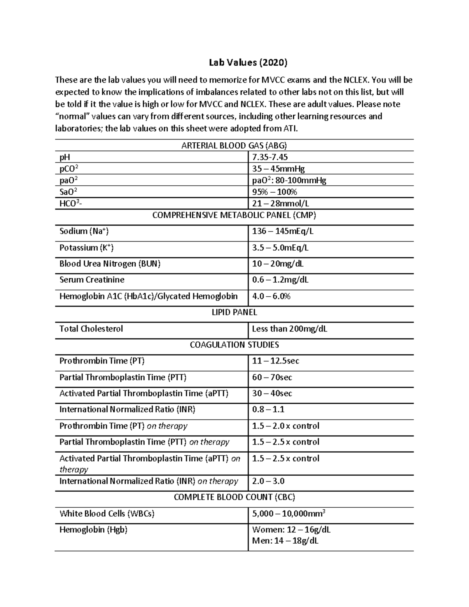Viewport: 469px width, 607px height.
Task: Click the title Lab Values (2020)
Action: point(248,63)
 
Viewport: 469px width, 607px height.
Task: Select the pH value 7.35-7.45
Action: point(270,157)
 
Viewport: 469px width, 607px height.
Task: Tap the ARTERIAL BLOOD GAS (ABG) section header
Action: point(234,146)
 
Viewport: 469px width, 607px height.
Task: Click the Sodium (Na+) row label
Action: point(84,231)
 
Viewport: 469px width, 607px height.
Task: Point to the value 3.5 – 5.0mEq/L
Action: point(280,248)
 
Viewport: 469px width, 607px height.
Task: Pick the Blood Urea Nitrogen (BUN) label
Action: point(110,264)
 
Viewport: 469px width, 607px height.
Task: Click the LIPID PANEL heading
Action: point(234,312)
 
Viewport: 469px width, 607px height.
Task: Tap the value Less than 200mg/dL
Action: point(289,329)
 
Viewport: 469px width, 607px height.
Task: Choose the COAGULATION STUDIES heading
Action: point(234,345)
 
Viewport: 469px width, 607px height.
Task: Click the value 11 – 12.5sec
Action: point(276,361)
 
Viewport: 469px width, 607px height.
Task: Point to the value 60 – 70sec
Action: point(272,378)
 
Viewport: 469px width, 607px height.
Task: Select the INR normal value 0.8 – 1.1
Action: point(268,410)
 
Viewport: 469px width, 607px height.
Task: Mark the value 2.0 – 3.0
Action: point(268,481)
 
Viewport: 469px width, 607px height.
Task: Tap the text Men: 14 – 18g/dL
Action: point(285,541)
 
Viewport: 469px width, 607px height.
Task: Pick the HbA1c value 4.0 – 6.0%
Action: point(271,296)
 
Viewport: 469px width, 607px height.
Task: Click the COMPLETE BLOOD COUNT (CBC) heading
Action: point(234,497)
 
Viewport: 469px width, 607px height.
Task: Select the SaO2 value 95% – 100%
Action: point(274,192)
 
